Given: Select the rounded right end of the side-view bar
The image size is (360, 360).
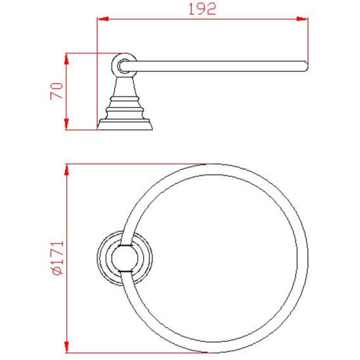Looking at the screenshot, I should pyautogui.click(x=305, y=65).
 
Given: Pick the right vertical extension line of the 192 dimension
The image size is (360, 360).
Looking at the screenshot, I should pyautogui.click(x=308, y=39).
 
